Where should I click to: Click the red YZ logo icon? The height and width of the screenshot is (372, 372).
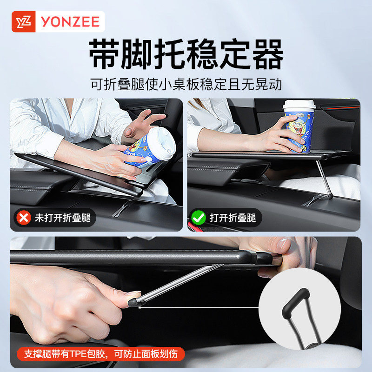click(23, 21)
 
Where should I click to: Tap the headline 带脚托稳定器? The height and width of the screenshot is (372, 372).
click(186, 54)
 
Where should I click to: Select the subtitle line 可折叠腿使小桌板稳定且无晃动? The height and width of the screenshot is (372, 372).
click(186, 85)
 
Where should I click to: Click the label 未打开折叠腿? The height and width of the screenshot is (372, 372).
click(62, 218)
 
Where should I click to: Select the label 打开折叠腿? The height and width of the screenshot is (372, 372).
click(232, 218)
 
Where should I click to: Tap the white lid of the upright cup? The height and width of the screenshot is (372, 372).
click(299, 105)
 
